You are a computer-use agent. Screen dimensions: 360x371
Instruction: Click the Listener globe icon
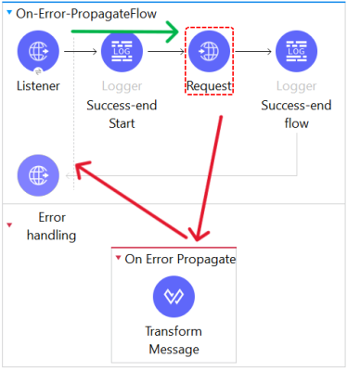(38, 51)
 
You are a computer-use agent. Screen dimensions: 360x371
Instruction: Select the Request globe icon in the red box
(209, 51)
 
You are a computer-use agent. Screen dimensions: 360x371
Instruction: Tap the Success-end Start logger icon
(122, 51)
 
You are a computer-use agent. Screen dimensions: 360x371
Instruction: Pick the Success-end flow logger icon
(296, 51)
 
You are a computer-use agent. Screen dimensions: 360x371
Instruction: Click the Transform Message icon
(174, 297)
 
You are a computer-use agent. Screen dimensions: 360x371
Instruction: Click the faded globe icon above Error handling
(38, 175)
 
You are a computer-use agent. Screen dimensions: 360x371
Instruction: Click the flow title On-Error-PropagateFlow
(86, 14)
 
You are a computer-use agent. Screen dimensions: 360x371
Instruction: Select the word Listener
(38, 86)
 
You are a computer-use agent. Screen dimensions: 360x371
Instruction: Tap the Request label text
(209, 86)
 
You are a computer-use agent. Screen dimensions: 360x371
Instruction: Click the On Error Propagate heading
(180, 259)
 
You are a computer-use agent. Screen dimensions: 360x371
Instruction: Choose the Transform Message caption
(174, 340)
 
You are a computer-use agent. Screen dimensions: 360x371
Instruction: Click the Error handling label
(52, 226)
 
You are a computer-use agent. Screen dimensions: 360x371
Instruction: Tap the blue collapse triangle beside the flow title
(9, 13)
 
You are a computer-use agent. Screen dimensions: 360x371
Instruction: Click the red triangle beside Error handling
(9, 225)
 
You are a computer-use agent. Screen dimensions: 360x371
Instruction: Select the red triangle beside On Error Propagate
(118, 257)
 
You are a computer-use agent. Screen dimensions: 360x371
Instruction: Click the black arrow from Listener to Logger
(81, 51)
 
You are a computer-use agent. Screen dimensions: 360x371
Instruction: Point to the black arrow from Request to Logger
(253, 51)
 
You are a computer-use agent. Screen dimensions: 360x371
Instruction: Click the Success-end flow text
(296, 114)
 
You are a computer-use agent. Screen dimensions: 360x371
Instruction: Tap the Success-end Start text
(122, 114)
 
